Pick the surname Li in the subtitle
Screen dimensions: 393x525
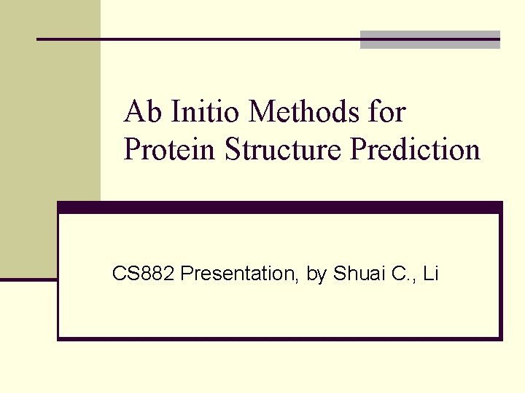(x=430, y=274)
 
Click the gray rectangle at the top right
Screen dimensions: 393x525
(x=430, y=40)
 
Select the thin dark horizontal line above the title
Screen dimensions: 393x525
(x=197, y=39)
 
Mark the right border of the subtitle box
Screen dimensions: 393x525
(x=500, y=277)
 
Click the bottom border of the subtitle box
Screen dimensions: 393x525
(x=280, y=338)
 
